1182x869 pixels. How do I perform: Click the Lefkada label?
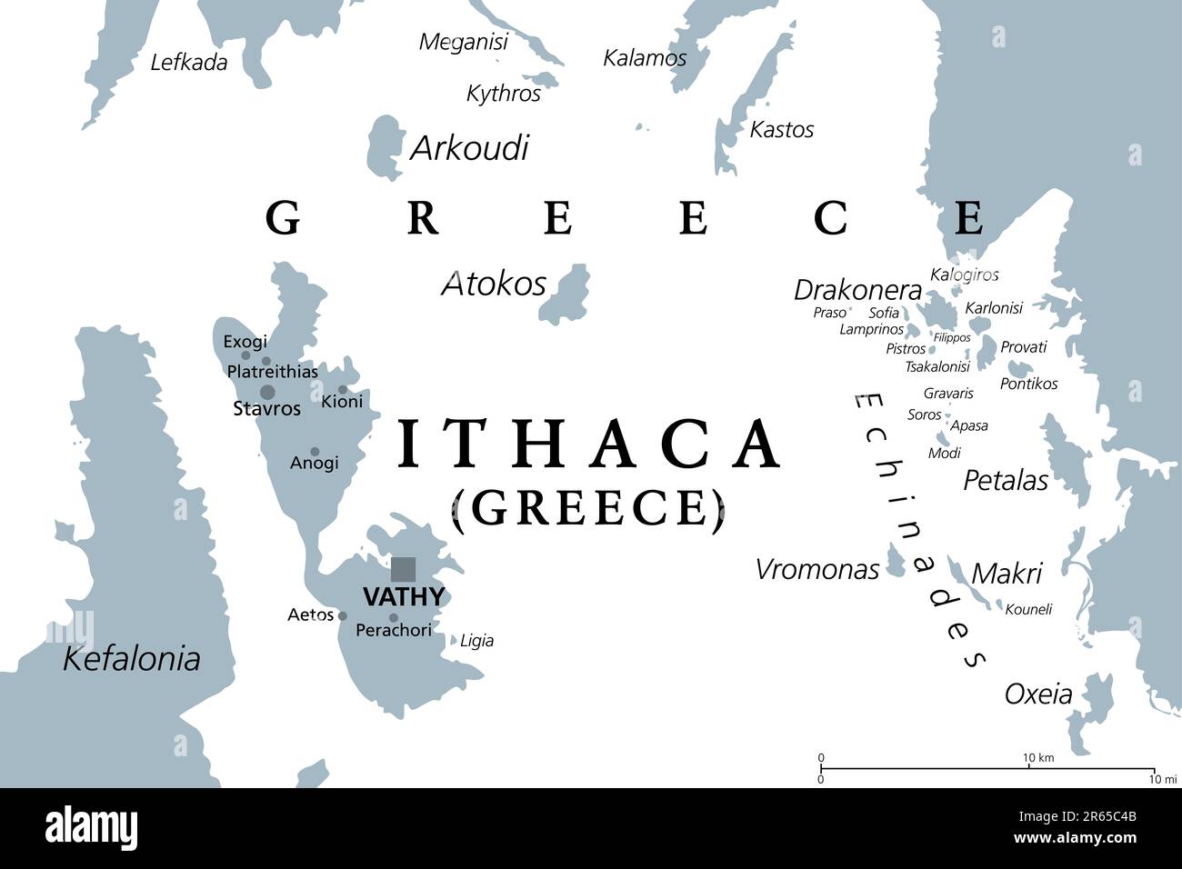coord(188,63)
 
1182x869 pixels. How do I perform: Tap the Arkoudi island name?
coord(469,147)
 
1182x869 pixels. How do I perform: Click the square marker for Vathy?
coord(403,570)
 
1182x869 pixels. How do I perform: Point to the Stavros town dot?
coord(267,393)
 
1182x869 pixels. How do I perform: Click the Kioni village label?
coord(342,402)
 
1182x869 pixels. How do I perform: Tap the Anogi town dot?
coord(315,452)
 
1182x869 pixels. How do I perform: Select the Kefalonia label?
coord(131,659)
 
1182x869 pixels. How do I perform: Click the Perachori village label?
coord(393,630)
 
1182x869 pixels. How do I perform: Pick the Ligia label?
coord(476,641)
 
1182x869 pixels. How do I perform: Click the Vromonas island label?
coord(816,570)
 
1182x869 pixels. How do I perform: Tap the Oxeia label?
coord(1037,694)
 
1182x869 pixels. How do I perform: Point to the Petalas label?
coord(1005,480)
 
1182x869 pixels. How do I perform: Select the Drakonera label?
coord(857,290)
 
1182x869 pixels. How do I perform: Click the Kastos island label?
coord(781,130)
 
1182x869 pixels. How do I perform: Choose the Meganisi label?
coord(463,42)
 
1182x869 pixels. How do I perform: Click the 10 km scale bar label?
coord(1037,758)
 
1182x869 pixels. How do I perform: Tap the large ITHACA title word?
coord(589,444)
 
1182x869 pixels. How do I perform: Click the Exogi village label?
coord(245,342)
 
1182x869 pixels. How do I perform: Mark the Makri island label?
coord(1006,574)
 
